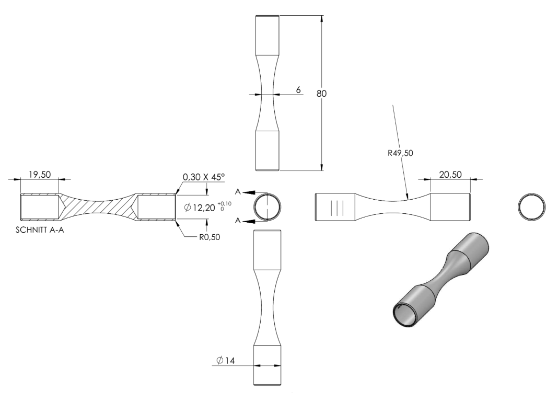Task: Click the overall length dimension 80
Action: pyautogui.click(x=321, y=93)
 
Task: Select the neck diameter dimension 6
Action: pyautogui.click(x=298, y=90)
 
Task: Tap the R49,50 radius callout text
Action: pyautogui.click(x=400, y=153)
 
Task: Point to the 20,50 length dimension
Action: pyautogui.click(x=450, y=175)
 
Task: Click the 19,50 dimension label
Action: pyautogui.click(x=40, y=175)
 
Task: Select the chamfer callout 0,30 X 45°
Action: pyautogui.click(x=204, y=177)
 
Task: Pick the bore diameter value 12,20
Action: pyautogui.click(x=204, y=208)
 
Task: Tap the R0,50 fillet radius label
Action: pyautogui.click(x=209, y=237)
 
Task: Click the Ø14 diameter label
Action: pyautogui.click(x=226, y=361)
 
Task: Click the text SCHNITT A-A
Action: pyautogui.click(x=40, y=230)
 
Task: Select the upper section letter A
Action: pyautogui.click(x=238, y=192)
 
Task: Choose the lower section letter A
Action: pyautogui.click(x=238, y=221)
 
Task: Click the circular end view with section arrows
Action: pyautogui.click(x=268, y=193)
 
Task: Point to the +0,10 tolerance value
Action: pyautogui.click(x=226, y=203)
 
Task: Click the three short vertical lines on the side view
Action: pyautogui.click(x=337, y=208)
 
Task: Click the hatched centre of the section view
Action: pyautogui.click(x=98, y=207)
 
